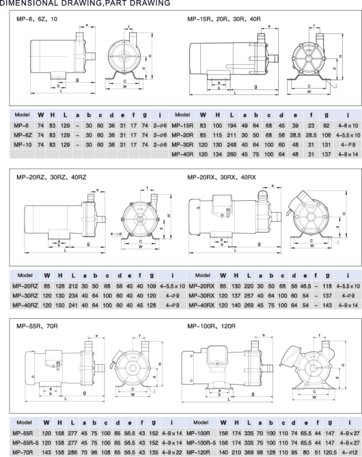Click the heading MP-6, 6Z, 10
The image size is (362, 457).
(37, 19)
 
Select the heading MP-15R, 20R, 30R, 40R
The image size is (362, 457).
(224, 19)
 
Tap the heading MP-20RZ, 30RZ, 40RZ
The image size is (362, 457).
(51, 177)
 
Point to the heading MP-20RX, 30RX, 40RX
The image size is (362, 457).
(221, 177)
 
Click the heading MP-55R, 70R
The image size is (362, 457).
(37, 326)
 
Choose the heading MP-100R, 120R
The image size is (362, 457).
(212, 326)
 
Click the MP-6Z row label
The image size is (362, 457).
(23, 135)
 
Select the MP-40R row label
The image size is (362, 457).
(182, 154)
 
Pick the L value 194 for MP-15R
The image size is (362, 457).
(232, 125)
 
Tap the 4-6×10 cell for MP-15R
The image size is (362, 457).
(348, 125)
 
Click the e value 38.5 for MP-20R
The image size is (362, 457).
(295, 135)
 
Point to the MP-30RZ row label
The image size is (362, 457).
(25, 296)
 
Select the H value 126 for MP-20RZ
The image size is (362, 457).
(60, 286)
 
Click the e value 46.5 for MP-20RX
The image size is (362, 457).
(305, 286)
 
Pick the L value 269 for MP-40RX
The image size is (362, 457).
(249, 306)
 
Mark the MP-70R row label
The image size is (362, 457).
(23, 453)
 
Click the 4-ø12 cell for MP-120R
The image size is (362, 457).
(349, 453)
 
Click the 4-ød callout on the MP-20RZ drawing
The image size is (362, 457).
(116, 234)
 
